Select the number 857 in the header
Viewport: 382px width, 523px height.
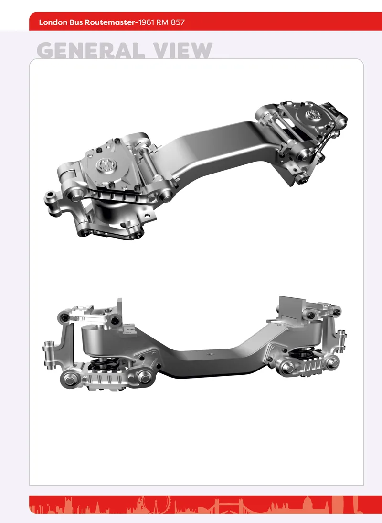click(178, 22)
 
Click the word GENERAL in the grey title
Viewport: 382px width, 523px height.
click(91, 51)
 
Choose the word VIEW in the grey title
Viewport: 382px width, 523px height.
click(183, 51)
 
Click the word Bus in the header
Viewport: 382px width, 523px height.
click(76, 22)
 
